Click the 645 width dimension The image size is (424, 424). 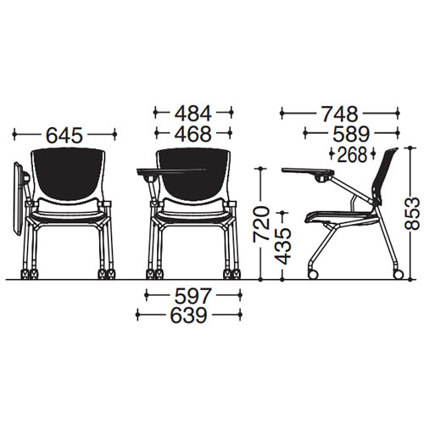tap(64, 135)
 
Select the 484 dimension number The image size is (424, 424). tap(193, 113)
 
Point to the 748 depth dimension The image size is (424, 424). tap(340, 114)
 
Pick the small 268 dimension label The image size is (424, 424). tap(352, 154)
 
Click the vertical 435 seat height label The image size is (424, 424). tap(283, 246)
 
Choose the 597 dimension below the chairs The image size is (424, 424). tap(192, 295)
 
